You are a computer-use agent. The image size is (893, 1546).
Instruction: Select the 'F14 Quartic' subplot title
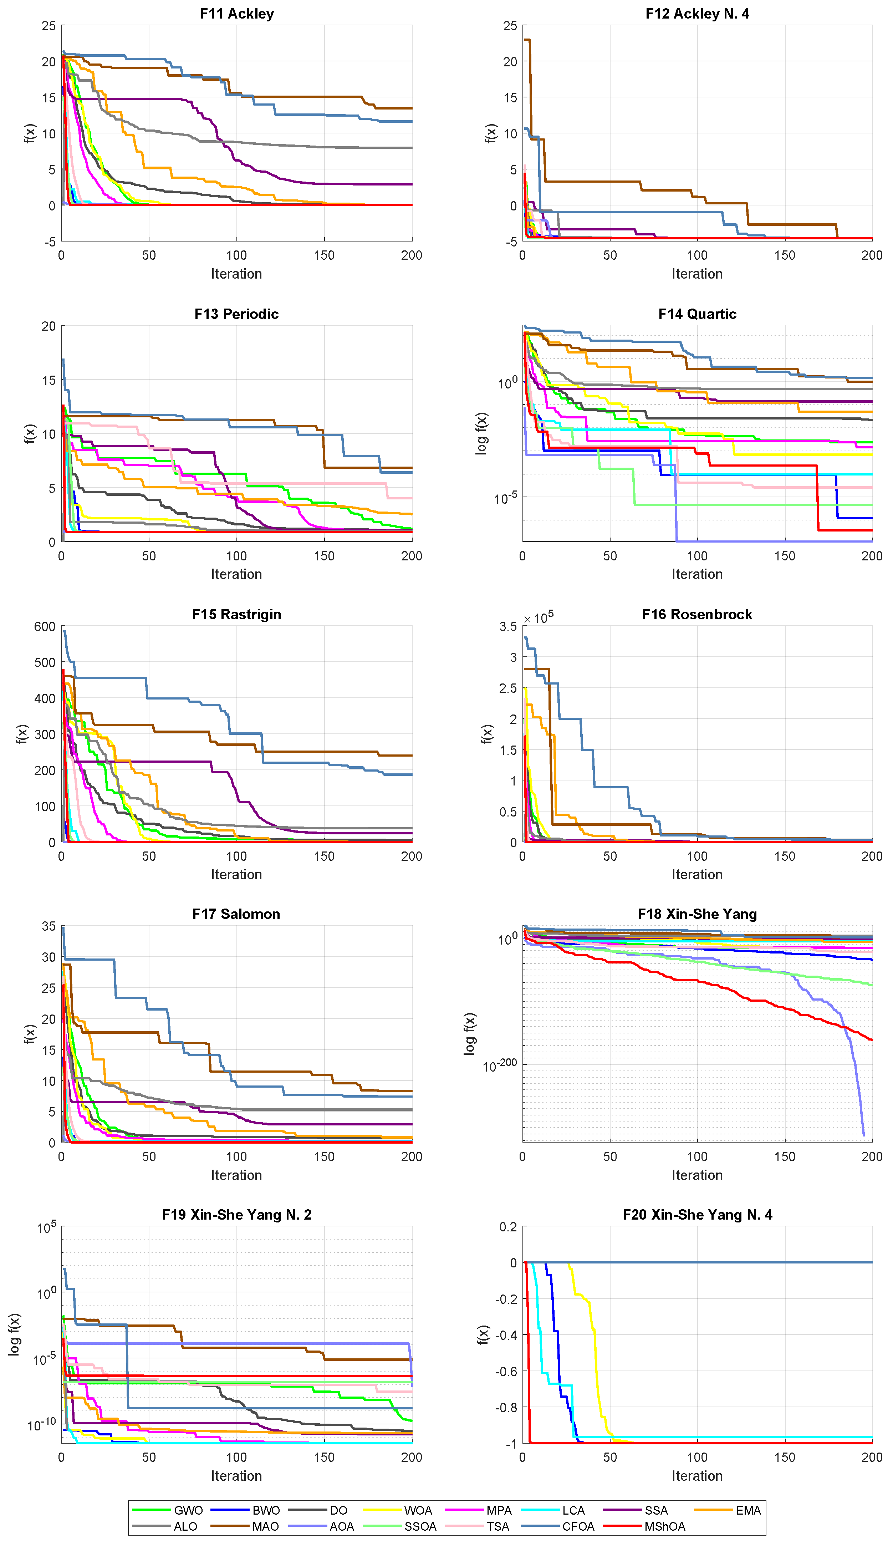[x=697, y=314]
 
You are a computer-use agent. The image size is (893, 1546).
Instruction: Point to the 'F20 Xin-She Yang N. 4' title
[x=697, y=1215]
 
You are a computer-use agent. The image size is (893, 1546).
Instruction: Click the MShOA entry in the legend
[x=664, y=1526]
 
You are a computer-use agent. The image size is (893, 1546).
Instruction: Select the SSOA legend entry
[x=420, y=1526]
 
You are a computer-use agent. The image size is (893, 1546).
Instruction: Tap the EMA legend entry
[x=748, y=1510]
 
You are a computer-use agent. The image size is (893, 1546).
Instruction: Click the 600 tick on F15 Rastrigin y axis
[x=45, y=626]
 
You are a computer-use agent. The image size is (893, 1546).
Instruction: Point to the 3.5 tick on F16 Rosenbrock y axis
[x=508, y=626]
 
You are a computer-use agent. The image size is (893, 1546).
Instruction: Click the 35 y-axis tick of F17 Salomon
[x=49, y=926]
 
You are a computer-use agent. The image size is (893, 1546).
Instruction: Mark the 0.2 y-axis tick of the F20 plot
[x=509, y=1227]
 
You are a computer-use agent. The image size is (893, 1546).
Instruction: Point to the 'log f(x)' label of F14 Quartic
[x=481, y=433]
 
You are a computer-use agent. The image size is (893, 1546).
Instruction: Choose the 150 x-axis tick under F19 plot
[x=324, y=1457]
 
